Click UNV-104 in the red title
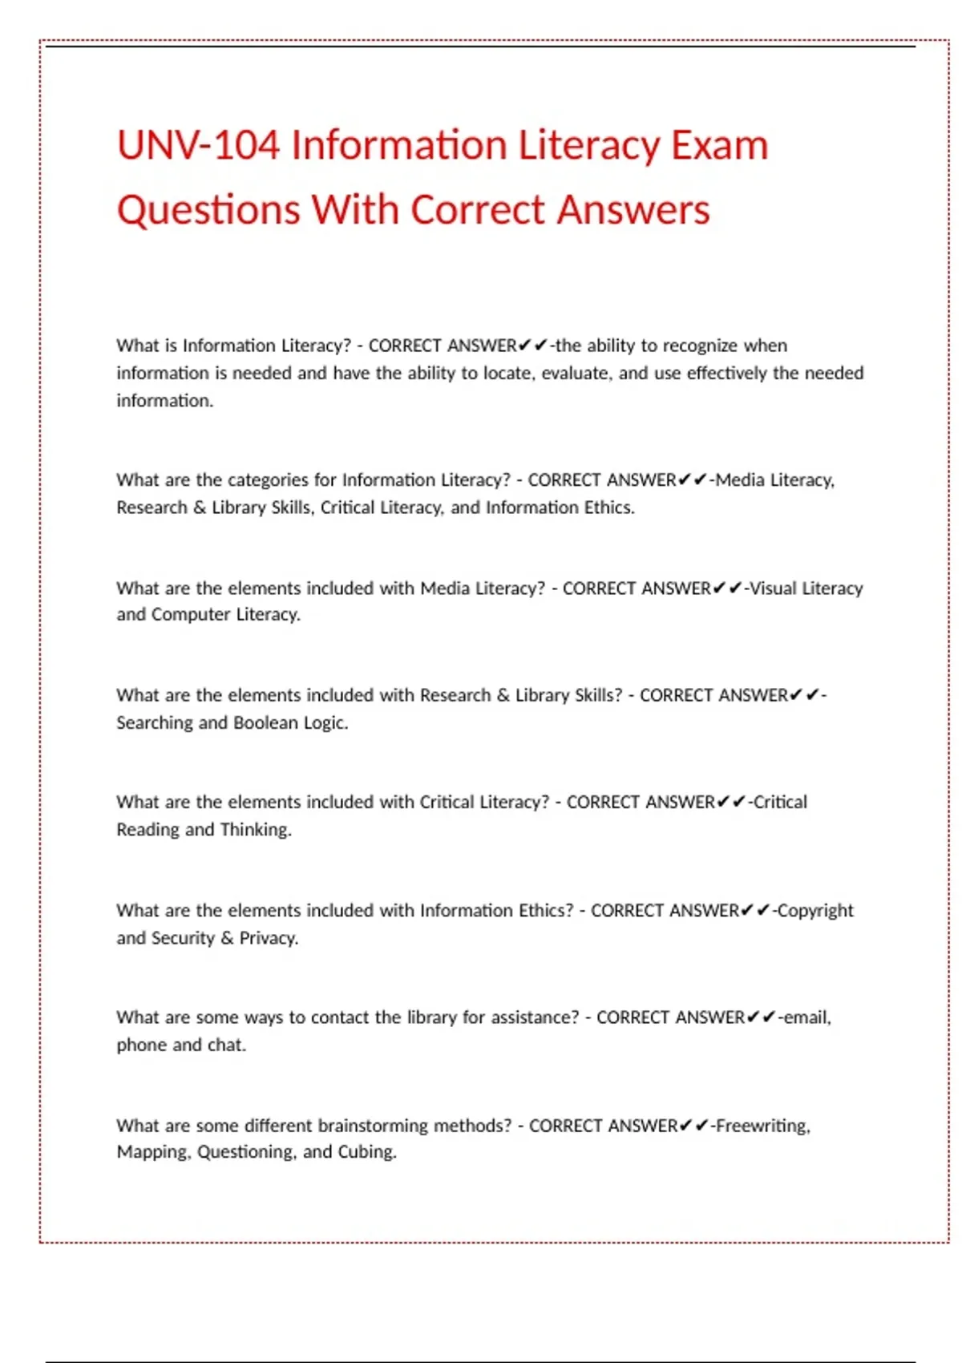click(198, 146)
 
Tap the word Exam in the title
click(719, 146)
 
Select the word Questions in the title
click(208, 210)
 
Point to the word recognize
click(700, 346)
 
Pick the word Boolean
click(265, 722)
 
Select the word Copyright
click(815, 911)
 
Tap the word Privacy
click(269, 938)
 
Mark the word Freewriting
click(762, 1126)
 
